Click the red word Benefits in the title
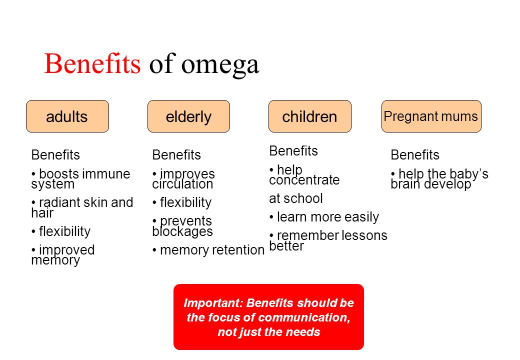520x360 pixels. [x=92, y=63]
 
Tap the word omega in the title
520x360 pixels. [x=220, y=65]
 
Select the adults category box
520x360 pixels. [x=67, y=116]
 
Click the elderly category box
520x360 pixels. [x=188, y=116]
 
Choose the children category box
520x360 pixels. [x=309, y=116]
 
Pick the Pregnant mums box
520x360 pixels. [x=431, y=116]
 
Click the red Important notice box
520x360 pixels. [x=268, y=317]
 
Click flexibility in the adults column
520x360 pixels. [x=64, y=231]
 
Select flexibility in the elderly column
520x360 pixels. [x=185, y=202]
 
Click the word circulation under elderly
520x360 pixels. [x=182, y=184]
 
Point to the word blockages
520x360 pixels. [x=182, y=231]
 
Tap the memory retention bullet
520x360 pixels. [x=208, y=250]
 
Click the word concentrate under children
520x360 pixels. [x=304, y=180]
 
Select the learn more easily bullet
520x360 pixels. [x=324, y=217]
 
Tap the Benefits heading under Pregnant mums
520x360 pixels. [x=415, y=155]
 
